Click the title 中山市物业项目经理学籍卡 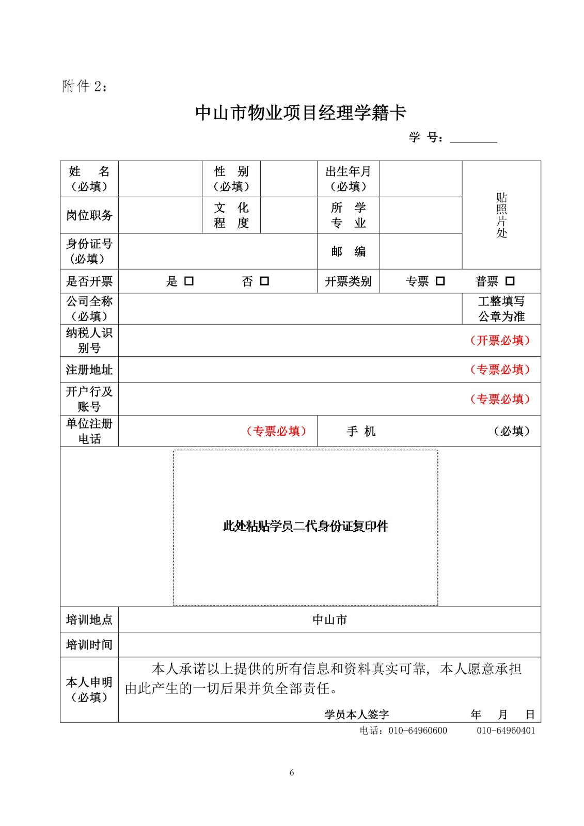(x=301, y=113)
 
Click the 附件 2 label (x=85, y=86)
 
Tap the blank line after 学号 (x=473, y=138)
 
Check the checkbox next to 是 (x=189, y=281)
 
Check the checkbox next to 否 (x=264, y=281)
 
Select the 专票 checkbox (x=440, y=281)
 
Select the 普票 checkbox (x=510, y=281)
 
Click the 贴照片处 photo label (x=501, y=215)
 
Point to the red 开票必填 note (x=500, y=341)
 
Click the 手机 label (x=361, y=431)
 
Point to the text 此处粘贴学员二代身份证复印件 (x=305, y=527)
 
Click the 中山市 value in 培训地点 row (x=329, y=619)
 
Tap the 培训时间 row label (x=89, y=645)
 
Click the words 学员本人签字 (x=356, y=714)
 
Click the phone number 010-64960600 (x=418, y=730)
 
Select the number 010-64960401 (x=506, y=730)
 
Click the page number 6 (x=292, y=773)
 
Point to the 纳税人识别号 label (x=89, y=340)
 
